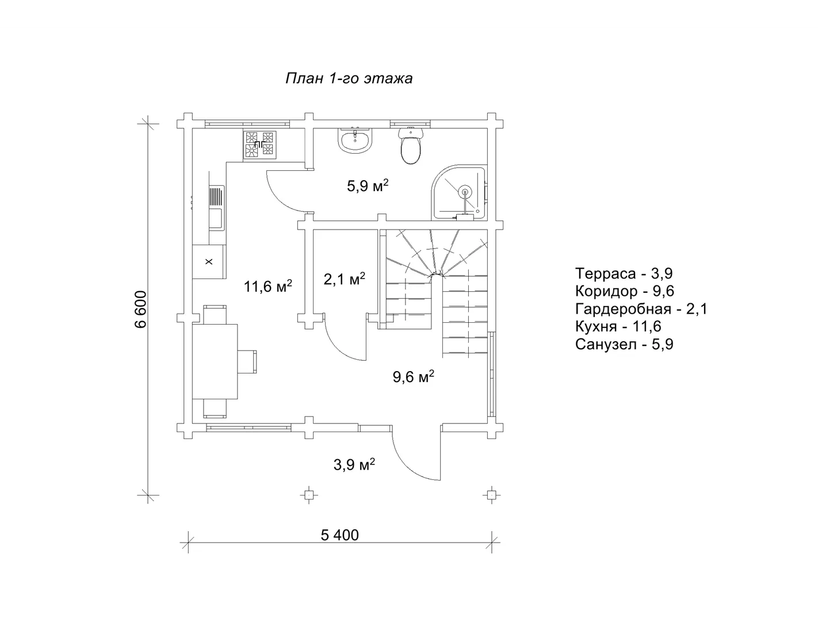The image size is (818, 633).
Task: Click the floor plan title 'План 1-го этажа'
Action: (x=349, y=78)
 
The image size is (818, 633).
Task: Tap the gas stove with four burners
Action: (x=259, y=144)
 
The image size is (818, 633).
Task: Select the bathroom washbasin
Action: (x=355, y=140)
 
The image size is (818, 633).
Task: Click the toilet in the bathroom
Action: (x=411, y=146)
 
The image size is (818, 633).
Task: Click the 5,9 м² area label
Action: (x=368, y=186)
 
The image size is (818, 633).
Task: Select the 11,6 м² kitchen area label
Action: (x=267, y=286)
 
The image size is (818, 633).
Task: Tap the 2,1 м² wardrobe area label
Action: (x=344, y=279)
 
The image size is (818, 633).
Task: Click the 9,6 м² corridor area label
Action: (x=414, y=376)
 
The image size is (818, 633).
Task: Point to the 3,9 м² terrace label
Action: (x=354, y=464)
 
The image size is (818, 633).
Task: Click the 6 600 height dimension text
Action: (x=140, y=309)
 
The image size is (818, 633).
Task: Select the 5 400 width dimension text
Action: (x=339, y=535)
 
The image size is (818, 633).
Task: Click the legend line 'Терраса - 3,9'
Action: (x=624, y=273)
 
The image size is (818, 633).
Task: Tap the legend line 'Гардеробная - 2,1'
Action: (x=641, y=309)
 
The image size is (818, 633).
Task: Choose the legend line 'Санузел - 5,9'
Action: (x=624, y=344)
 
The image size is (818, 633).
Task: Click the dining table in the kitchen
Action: (x=215, y=361)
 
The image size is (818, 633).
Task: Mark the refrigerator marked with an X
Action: (x=209, y=262)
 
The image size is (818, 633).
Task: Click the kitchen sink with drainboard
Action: (x=216, y=208)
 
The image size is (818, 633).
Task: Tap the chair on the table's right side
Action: (x=247, y=361)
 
